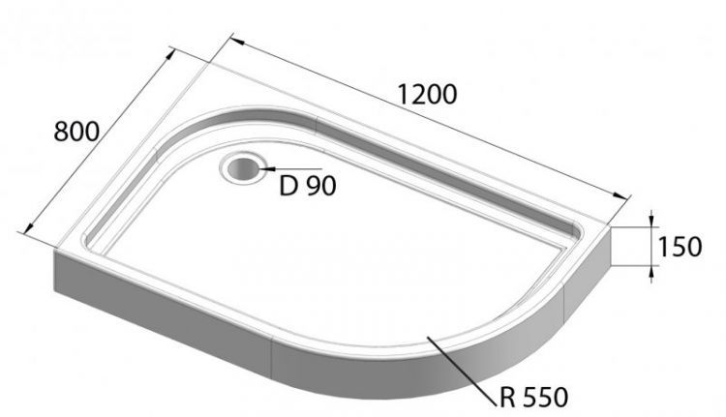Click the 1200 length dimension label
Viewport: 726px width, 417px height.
point(427,95)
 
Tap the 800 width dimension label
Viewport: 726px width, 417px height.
point(76,132)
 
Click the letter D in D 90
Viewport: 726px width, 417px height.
point(287,186)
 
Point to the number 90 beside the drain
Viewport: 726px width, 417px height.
point(321,186)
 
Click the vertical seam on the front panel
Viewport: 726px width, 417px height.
point(273,362)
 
